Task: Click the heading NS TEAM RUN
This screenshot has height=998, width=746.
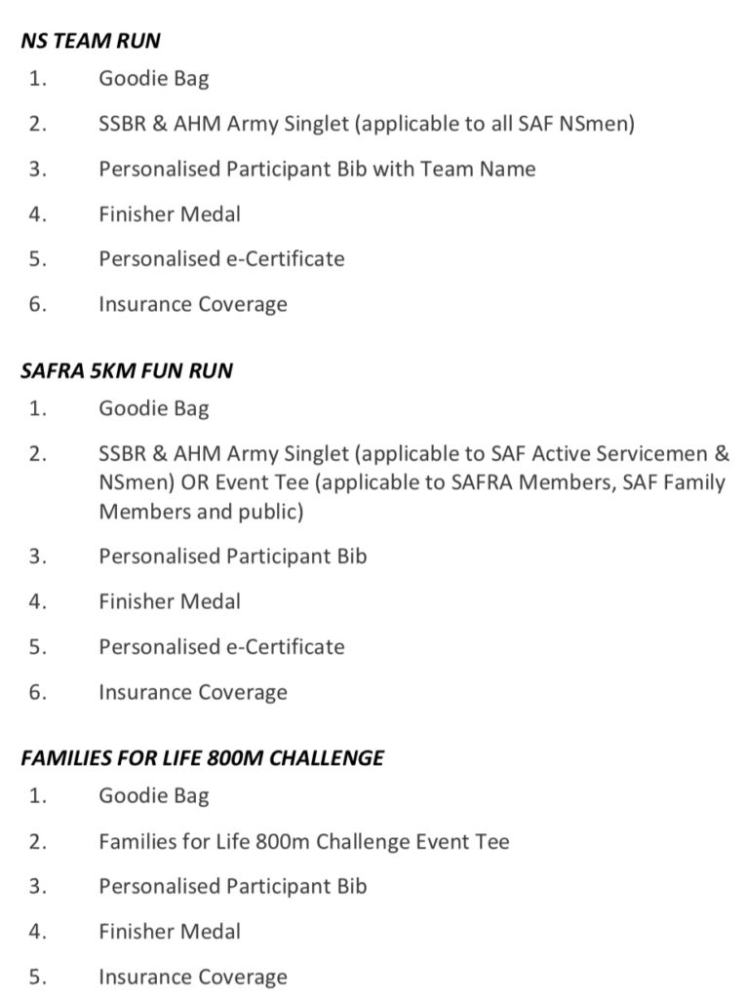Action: tap(91, 41)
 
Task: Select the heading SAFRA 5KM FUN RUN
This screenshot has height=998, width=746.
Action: tap(127, 371)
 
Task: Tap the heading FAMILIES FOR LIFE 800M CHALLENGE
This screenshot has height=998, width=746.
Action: tap(202, 757)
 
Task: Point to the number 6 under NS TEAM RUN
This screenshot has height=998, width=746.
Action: tap(37, 304)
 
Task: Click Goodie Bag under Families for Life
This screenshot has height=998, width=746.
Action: tap(153, 795)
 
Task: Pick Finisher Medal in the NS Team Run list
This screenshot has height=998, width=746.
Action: tap(169, 213)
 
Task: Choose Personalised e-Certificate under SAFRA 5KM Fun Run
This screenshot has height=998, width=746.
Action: tap(221, 646)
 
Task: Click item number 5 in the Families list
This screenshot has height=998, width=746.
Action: tap(37, 977)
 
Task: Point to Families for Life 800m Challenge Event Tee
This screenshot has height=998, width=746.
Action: tap(303, 840)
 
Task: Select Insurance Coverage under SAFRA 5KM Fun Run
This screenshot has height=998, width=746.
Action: tap(192, 692)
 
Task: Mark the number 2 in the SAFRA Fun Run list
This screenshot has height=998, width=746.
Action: tap(37, 453)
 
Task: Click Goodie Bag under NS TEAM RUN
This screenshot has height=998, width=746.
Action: tap(153, 79)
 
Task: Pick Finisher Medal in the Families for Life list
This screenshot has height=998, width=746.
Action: tap(169, 931)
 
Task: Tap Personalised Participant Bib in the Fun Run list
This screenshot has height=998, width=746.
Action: tap(232, 556)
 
